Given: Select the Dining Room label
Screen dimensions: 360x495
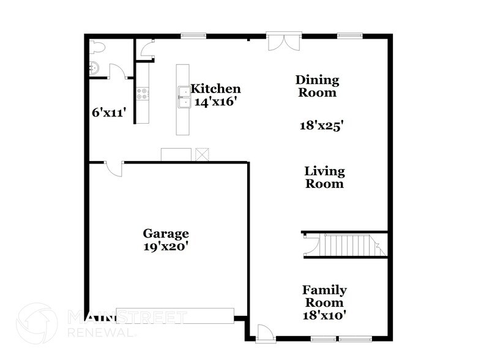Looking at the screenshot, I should coord(317,86).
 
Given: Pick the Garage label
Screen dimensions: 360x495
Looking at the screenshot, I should coord(166,233).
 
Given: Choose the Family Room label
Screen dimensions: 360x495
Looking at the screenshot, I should coord(324,296).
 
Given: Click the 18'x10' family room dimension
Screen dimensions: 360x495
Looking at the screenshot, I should coord(324,315).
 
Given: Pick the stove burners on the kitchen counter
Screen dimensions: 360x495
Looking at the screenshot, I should coord(143,94).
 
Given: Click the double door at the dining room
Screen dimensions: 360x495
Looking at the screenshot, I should coord(284,42).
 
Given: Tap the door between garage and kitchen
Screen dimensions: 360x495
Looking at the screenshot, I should coord(114,167).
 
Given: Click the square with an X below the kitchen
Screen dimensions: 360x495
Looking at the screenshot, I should coord(202,154).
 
